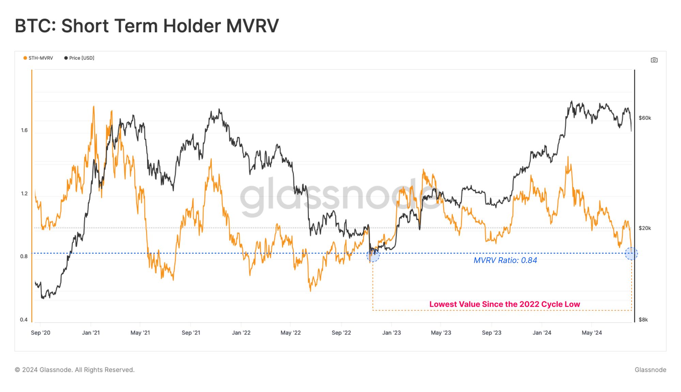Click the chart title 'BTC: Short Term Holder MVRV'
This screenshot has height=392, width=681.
click(147, 26)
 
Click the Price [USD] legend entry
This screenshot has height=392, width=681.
click(79, 58)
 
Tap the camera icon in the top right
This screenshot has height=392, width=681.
click(654, 60)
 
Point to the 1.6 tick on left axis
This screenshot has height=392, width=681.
click(24, 130)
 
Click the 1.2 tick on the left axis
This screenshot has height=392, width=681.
click(24, 194)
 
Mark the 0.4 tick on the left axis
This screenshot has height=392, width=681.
click(24, 320)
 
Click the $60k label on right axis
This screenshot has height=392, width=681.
click(645, 118)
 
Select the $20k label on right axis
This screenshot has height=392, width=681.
click(645, 228)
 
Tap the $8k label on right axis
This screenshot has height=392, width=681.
click(643, 320)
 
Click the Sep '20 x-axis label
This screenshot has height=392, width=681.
click(41, 333)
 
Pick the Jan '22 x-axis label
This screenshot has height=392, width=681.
click(241, 333)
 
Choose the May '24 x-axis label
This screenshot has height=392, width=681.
click(591, 333)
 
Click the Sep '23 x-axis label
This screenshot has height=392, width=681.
click(491, 333)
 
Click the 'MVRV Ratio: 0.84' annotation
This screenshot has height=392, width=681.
click(505, 260)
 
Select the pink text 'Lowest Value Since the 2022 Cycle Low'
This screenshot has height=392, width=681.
click(504, 304)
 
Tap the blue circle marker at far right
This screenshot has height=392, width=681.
click(631, 254)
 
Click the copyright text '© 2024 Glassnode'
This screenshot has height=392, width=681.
click(75, 370)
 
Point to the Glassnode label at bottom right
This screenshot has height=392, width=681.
click(650, 370)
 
